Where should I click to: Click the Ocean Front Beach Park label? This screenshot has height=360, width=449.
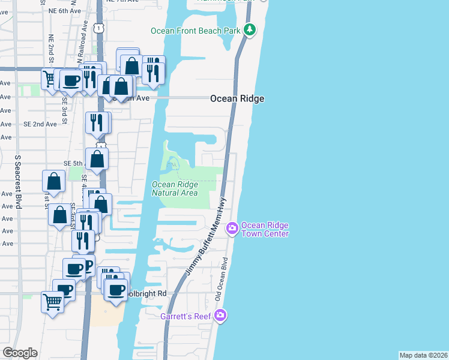(x=195, y=31)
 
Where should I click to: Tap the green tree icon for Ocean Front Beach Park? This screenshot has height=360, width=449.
(x=250, y=30)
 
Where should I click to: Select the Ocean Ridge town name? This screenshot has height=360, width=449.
(x=237, y=99)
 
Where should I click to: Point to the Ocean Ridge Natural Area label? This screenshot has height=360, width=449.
(x=175, y=189)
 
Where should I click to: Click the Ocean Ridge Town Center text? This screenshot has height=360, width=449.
(x=265, y=230)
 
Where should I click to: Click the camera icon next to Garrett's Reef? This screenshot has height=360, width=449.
(x=220, y=315)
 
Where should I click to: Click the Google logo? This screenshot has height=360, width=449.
(x=20, y=353)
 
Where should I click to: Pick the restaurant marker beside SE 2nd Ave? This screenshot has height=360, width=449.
(x=97, y=122)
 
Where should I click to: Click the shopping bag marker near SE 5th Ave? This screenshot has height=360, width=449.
(x=97, y=159)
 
